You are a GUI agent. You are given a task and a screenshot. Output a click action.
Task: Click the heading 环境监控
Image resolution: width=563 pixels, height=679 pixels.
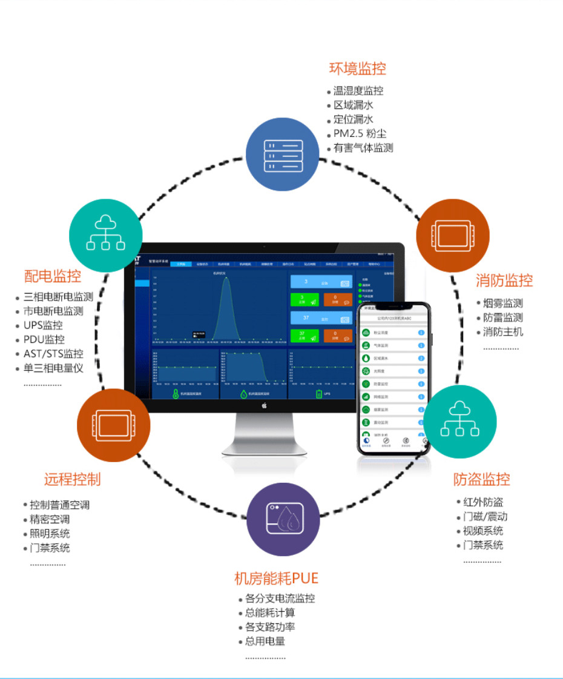point(357,68)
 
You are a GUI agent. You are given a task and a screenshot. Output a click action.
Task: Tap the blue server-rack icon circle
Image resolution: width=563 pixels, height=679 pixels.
point(282,154)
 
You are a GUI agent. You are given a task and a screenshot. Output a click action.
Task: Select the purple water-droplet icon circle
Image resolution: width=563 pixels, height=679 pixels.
point(283,519)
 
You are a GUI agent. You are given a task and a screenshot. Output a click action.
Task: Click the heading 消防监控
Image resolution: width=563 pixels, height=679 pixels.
point(504,280)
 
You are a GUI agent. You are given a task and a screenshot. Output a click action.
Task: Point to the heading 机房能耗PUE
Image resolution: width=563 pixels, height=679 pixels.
point(276,578)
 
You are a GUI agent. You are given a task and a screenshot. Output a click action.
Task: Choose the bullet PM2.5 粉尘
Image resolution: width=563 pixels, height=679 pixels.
point(360,133)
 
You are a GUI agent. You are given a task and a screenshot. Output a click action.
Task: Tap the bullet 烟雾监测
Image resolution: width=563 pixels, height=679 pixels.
point(502,303)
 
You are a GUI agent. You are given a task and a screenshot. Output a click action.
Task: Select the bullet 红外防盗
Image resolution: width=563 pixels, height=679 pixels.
point(483,502)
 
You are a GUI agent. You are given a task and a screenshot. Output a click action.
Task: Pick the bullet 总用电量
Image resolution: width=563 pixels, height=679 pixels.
point(265,641)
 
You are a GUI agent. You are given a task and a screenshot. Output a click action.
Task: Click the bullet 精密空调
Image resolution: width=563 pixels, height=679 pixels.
point(50,519)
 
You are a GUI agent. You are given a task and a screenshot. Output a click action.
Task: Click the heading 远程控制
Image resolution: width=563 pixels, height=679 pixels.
point(72,479)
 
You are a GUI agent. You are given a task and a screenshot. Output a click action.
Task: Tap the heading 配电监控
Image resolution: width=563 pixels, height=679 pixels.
point(53,276)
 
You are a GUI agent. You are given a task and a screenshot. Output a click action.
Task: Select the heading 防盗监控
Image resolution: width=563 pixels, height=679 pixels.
point(481,479)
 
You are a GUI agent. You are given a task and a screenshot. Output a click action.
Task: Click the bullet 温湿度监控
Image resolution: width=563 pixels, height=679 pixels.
point(358,91)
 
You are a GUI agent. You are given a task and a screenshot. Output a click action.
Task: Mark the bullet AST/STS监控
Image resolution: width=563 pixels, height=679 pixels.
point(53,354)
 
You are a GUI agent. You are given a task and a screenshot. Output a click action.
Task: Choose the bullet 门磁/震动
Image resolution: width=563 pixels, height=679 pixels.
point(485,517)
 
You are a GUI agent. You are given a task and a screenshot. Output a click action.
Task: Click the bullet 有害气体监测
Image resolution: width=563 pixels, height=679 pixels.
point(363,148)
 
